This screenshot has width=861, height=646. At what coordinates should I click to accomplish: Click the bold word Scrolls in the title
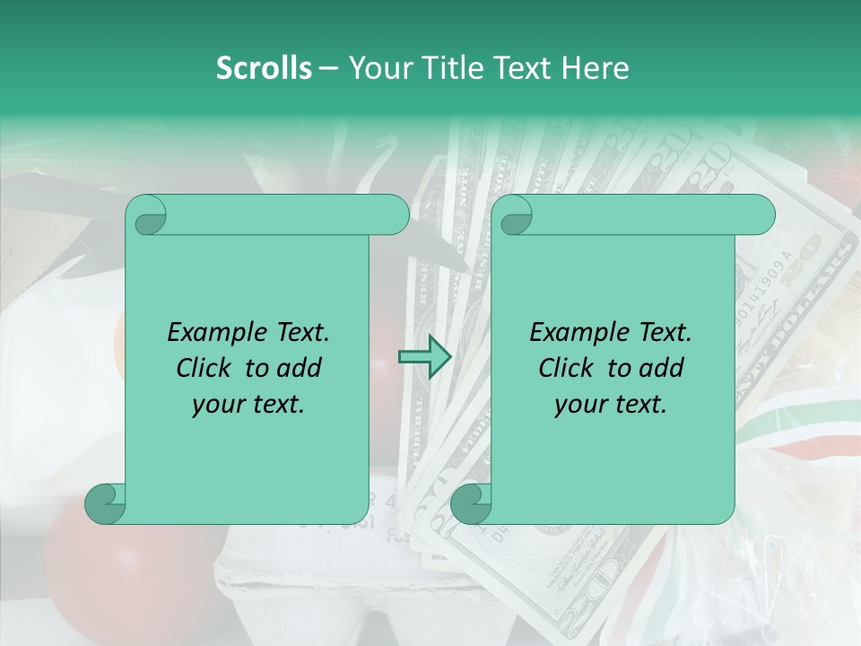264,68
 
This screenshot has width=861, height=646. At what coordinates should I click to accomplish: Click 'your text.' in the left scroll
248,405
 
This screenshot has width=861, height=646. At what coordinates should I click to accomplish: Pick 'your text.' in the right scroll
611,405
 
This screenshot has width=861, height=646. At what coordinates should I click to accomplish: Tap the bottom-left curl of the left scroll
106,503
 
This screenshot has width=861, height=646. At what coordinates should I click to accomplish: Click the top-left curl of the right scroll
514,216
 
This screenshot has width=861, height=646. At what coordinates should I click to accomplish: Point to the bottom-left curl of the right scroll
471,503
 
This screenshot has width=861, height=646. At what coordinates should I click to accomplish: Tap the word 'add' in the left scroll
300,368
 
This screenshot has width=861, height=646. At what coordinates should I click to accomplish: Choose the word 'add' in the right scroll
662,368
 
